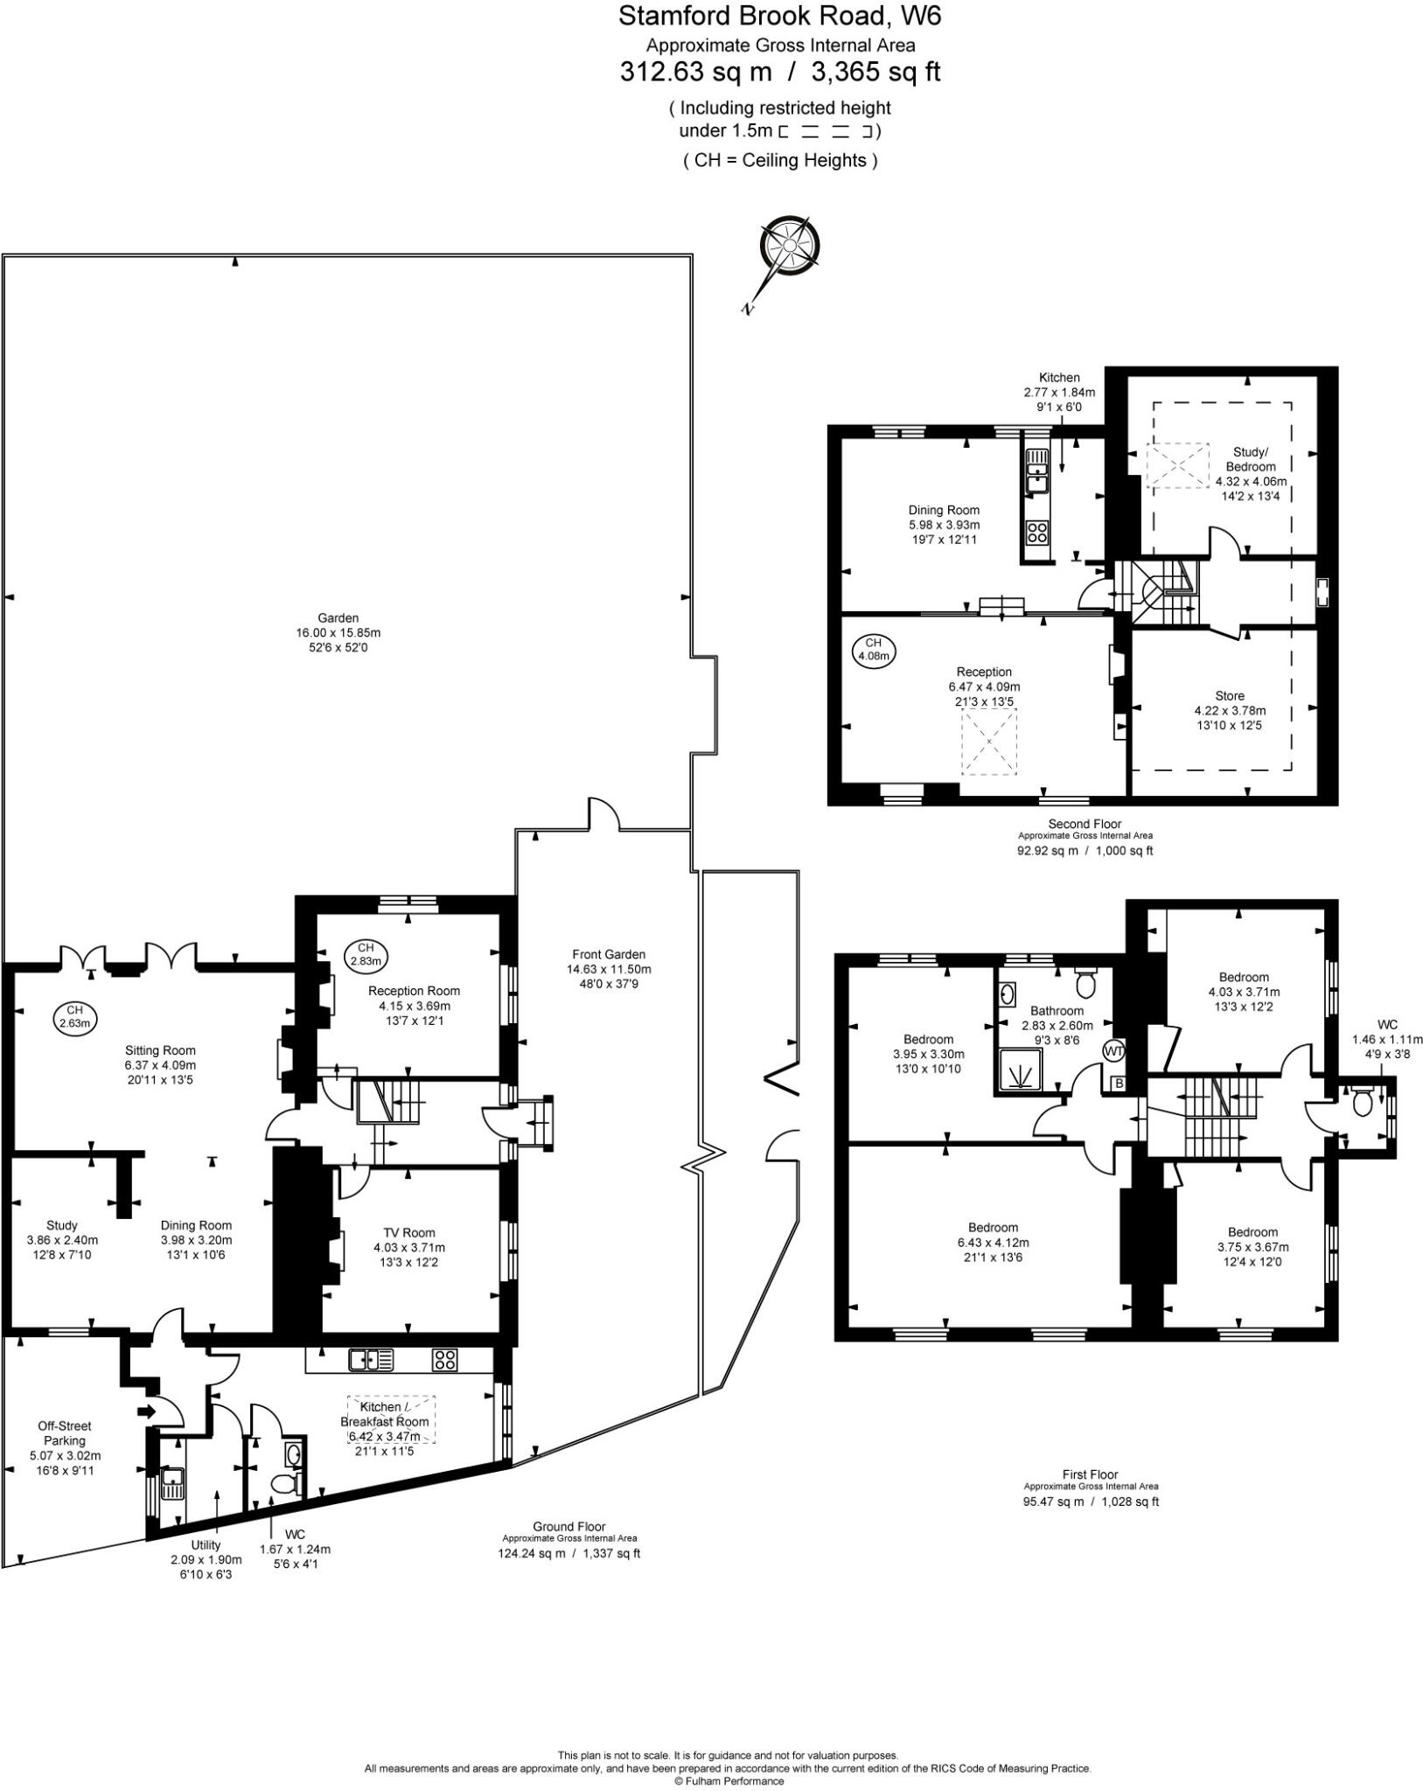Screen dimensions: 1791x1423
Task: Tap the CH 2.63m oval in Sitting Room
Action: point(74,1017)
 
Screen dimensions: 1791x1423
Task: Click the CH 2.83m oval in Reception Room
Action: point(366,954)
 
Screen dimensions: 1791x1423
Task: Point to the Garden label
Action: point(338,618)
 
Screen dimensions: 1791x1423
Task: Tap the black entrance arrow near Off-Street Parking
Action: point(145,1411)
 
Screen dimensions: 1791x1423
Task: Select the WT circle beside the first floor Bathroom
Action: point(1113,1050)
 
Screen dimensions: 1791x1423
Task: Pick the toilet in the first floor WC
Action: point(1361,1102)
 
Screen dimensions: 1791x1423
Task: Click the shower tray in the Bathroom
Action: point(1021,1070)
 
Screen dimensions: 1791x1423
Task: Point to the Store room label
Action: point(1229,696)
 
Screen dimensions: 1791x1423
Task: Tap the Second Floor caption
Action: point(1085,824)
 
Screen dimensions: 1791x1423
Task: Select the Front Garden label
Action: point(609,954)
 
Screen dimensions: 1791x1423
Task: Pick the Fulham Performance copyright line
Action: point(728,1781)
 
